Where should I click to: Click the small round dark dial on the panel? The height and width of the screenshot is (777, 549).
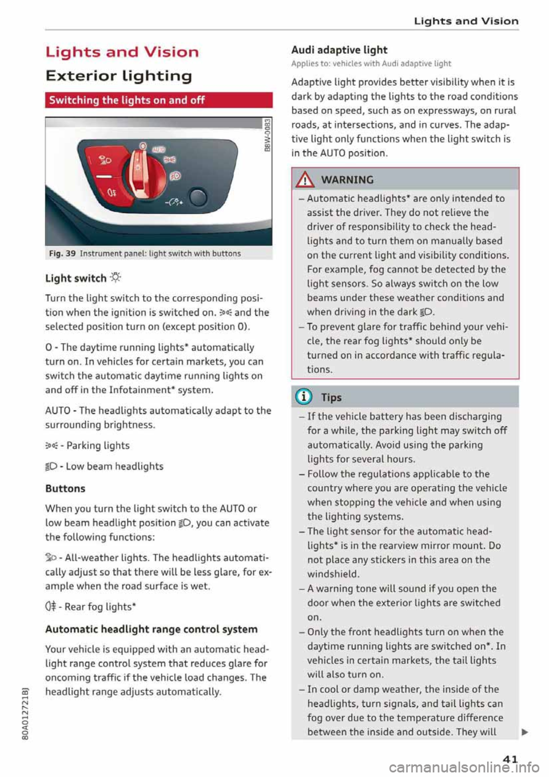click(198, 198)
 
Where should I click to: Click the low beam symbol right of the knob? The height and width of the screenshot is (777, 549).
click(174, 176)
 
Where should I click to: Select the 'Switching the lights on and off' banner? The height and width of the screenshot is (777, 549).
click(158, 100)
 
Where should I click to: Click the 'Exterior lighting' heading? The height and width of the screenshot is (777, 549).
click(118, 76)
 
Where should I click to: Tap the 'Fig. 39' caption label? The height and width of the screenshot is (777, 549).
click(61, 253)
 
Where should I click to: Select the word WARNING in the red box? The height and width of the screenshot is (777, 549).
click(347, 180)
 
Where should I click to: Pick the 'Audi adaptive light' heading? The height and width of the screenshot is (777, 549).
click(339, 50)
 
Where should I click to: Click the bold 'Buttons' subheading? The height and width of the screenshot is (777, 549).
click(65, 489)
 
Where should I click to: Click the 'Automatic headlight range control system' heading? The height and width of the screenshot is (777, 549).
click(151, 629)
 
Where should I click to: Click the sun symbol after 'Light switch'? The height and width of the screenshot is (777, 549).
click(115, 278)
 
